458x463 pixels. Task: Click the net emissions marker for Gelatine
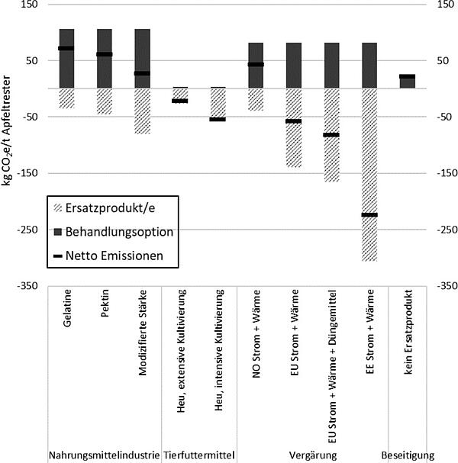pyautogui.click(x=66, y=48)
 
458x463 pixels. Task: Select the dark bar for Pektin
pyautogui.click(x=105, y=59)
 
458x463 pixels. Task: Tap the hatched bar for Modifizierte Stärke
pyautogui.click(x=143, y=111)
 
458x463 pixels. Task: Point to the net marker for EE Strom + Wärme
pyautogui.click(x=369, y=214)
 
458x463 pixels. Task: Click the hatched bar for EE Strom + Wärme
pyautogui.click(x=369, y=175)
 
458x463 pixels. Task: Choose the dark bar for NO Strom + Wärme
pyautogui.click(x=256, y=66)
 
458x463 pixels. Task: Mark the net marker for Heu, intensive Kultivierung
pyautogui.click(x=218, y=119)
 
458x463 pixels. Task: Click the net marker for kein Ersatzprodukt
pyautogui.click(x=407, y=76)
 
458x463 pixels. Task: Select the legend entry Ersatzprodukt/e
pyautogui.click(x=105, y=208)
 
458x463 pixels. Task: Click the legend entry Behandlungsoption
pyautogui.click(x=114, y=232)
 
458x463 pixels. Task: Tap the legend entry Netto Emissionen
pyautogui.click(x=108, y=256)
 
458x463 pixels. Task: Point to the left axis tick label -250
pyautogui.click(x=27, y=230)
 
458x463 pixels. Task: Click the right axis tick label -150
pyautogui.click(x=447, y=172)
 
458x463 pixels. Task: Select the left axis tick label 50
pyautogui.click(x=32, y=60)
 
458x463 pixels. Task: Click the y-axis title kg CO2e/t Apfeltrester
pyautogui.click(x=6, y=130)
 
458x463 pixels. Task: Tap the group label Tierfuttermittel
pyautogui.click(x=199, y=455)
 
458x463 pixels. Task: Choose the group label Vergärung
pyautogui.click(x=313, y=455)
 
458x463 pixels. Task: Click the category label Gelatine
pyautogui.click(x=67, y=308)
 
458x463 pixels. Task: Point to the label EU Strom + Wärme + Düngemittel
pyautogui.click(x=332, y=366)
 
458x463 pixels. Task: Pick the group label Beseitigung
pyautogui.click(x=408, y=455)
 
